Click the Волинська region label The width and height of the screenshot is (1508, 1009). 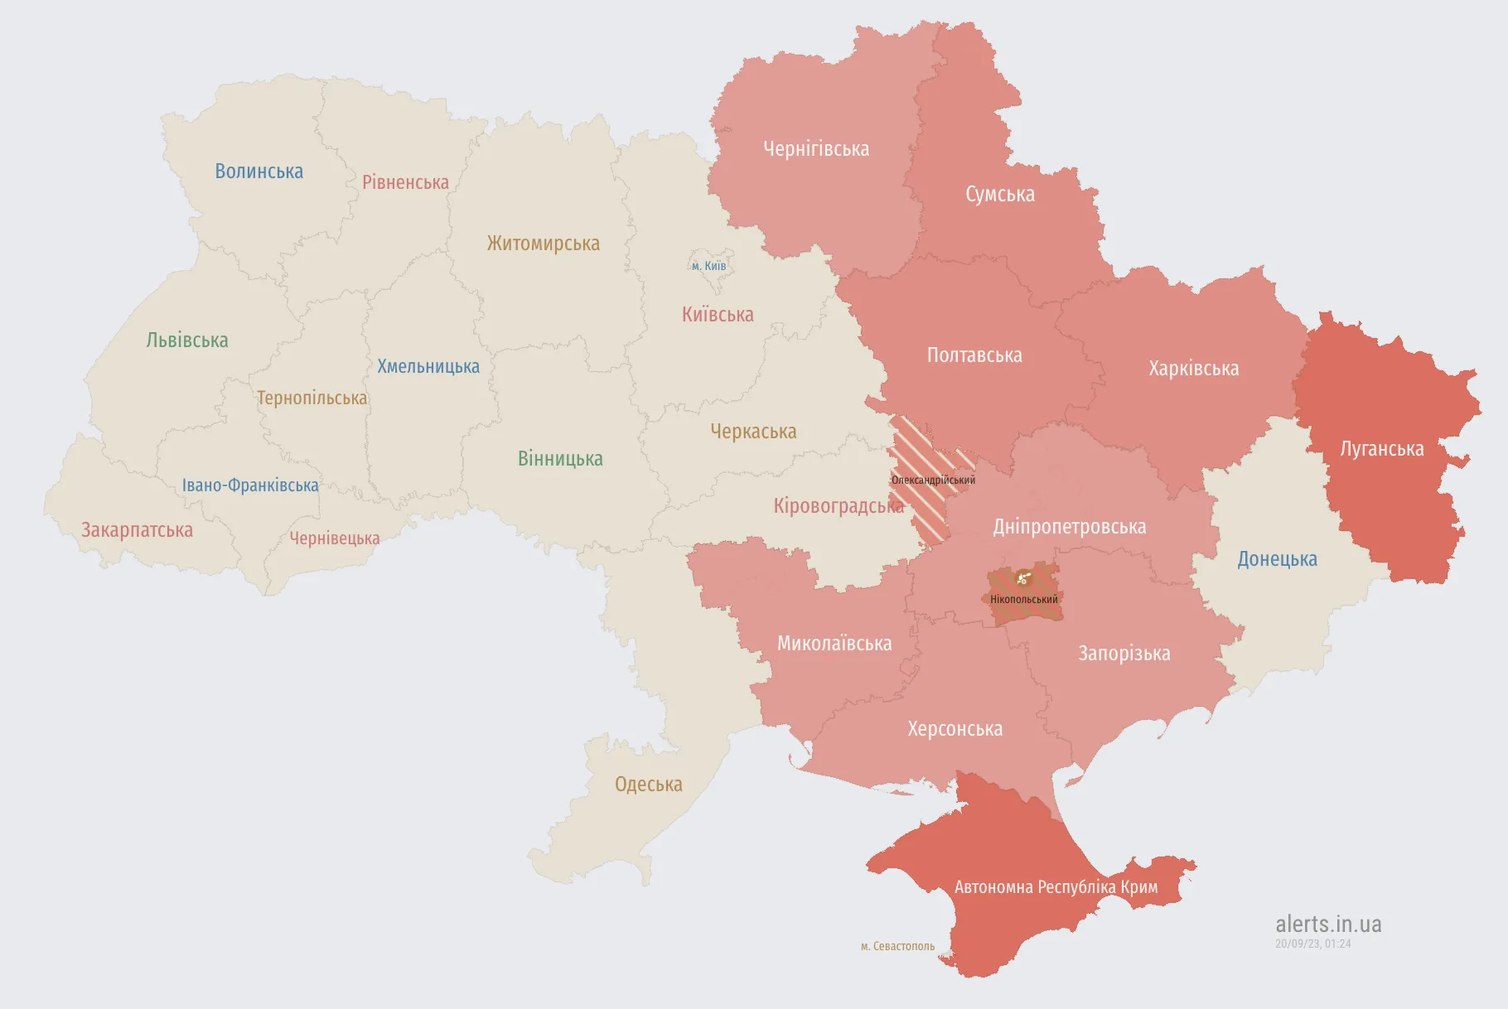pos(259,171)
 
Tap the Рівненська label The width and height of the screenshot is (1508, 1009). pos(405,182)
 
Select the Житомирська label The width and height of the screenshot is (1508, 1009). pos(543,244)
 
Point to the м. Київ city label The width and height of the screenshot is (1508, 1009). pos(708,266)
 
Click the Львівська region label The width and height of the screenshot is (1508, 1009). pos(186,340)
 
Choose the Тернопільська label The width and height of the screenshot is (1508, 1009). pos(312,398)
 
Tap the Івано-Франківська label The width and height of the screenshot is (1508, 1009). pos(250,485)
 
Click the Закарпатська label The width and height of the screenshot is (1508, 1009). pos(137,530)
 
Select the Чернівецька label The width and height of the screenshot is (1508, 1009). pos(334,538)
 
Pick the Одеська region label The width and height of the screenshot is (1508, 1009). pos(648,785)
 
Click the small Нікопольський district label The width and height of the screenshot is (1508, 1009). pos(1024,600)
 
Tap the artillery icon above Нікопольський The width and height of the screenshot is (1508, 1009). pos(1023,578)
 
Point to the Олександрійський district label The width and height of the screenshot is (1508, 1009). pos(933,480)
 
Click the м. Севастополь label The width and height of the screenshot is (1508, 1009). pos(897,946)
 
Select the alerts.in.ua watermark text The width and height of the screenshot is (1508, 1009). pos(1328,924)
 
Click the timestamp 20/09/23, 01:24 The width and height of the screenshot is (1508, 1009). pos(1312,944)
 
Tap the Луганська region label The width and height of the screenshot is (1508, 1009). pos(1381,449)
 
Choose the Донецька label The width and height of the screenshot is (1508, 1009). pos(1277,559)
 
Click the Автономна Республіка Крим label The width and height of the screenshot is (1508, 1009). pos(1056,887)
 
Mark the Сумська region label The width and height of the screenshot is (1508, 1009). pos(999,195)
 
